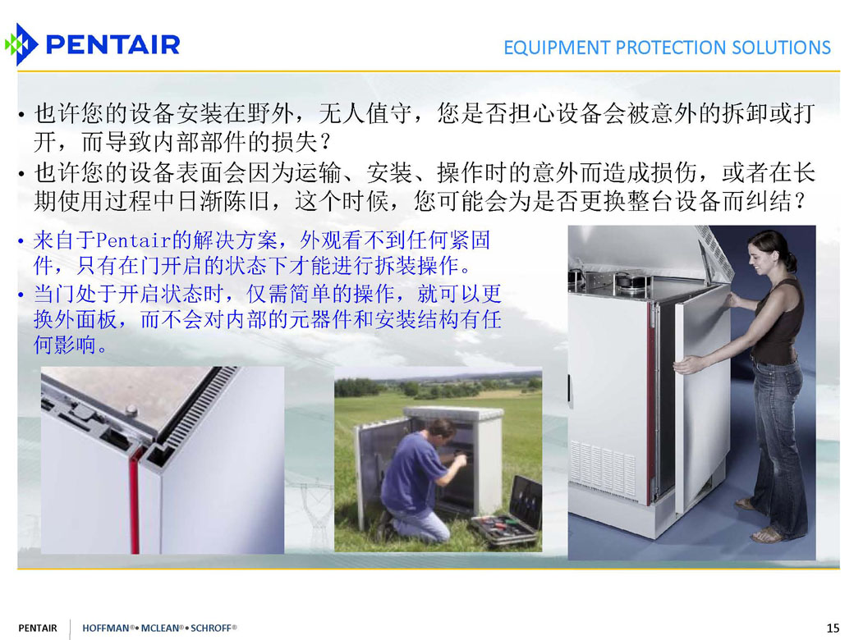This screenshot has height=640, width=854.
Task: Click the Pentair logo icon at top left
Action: [21, 44]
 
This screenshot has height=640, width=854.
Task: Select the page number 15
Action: [833, 628]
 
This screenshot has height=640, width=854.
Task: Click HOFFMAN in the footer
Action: [106, 628]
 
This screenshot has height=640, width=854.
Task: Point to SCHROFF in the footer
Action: [211, 628]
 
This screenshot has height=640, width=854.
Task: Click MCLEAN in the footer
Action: [159, 628]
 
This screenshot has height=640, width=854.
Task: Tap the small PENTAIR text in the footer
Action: [38, 628]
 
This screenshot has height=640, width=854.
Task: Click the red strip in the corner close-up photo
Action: [133, 500]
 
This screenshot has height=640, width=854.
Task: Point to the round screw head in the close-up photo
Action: [131, 409]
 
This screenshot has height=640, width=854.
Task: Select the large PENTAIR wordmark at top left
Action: [113, 44]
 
